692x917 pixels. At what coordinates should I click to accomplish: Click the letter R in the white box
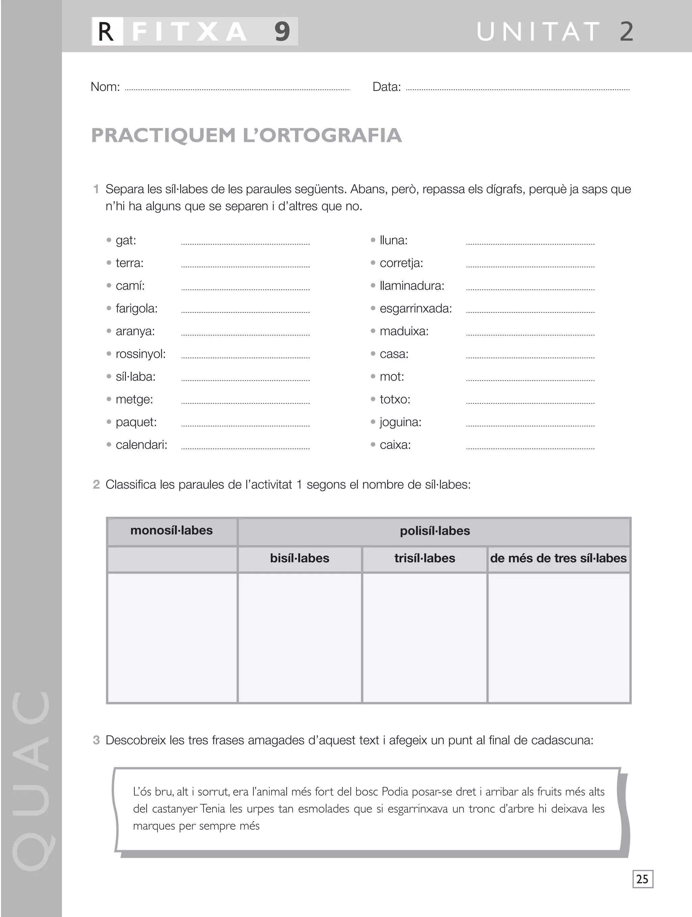[106, 31]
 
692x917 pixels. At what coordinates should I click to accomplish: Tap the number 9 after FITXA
[282, 31]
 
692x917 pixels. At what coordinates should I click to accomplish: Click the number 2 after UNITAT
[626, 31]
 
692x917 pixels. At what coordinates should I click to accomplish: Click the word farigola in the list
[137, 308]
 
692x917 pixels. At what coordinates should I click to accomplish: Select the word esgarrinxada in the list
[416, 308]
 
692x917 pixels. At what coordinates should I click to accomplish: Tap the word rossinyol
[140, 354]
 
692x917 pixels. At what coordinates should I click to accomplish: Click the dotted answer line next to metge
[245, 402]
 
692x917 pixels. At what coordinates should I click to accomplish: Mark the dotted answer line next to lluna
[530, 243]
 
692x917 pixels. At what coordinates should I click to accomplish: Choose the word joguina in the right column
[400, 422]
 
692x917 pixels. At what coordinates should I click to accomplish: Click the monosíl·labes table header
[171, 530]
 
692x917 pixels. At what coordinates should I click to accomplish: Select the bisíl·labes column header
[299, 559]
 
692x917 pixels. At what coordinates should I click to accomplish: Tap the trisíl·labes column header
[425, 559]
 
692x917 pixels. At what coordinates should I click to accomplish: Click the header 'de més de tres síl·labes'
[558, 559]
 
